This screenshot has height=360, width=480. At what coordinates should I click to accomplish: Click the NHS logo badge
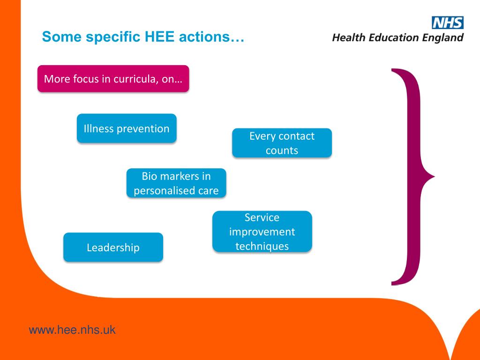447,22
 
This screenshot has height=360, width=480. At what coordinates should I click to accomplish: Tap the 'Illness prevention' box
127,128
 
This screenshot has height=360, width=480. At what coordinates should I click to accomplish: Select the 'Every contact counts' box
282,143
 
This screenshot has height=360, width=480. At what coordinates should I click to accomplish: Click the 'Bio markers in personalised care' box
176,183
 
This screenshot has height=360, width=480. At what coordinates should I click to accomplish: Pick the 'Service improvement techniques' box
262,232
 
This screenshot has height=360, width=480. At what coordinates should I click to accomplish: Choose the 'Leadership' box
113,247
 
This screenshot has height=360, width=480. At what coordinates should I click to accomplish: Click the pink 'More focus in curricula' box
113,79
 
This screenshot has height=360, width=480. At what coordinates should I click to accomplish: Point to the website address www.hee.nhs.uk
72,330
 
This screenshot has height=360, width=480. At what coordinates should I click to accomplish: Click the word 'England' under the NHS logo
442,37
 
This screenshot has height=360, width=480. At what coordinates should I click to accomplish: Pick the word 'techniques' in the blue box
262,246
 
